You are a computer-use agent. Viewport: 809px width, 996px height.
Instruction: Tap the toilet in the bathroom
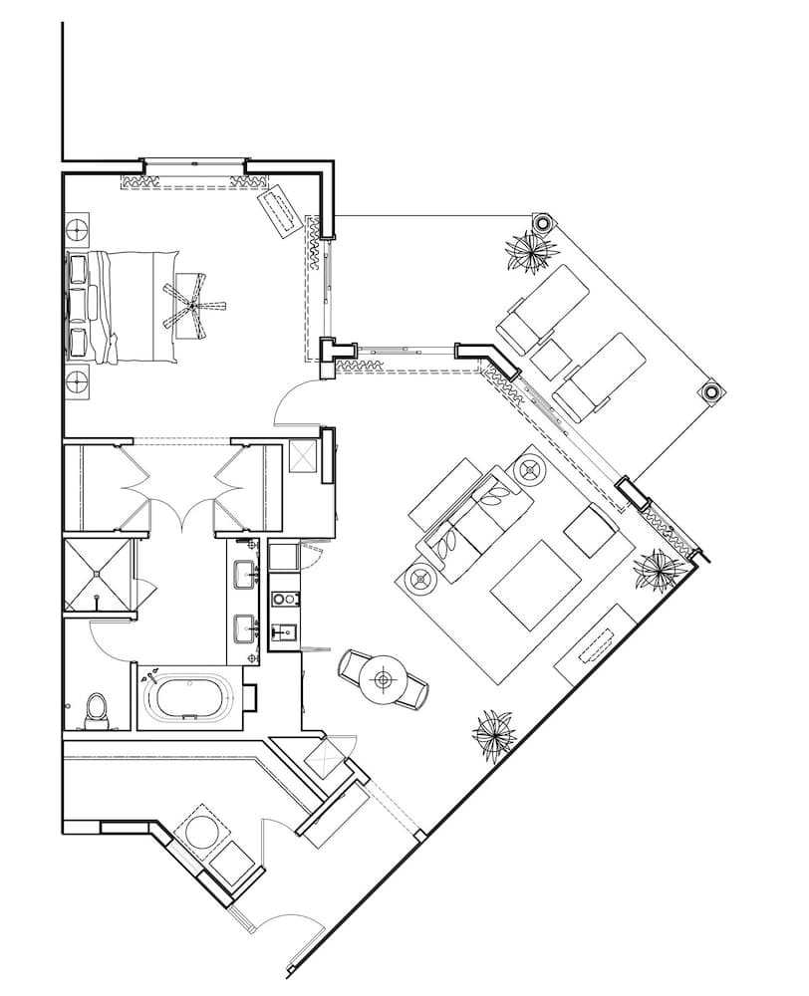tap(96, 708)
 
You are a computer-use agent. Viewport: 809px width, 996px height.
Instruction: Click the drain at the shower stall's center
tap(97, 575)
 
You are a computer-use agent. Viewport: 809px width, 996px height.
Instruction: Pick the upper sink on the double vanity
tap(243, 575)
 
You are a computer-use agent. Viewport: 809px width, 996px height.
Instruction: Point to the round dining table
tap(385, 680)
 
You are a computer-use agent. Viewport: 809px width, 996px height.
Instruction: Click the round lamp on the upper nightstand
tap(78, 229)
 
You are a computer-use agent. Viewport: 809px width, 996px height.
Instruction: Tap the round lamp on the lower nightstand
tap(78, 379)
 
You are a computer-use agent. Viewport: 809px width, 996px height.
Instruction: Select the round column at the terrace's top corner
tap(544, 223)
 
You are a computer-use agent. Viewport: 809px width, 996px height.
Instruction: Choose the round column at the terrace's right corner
tap(712, 392)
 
